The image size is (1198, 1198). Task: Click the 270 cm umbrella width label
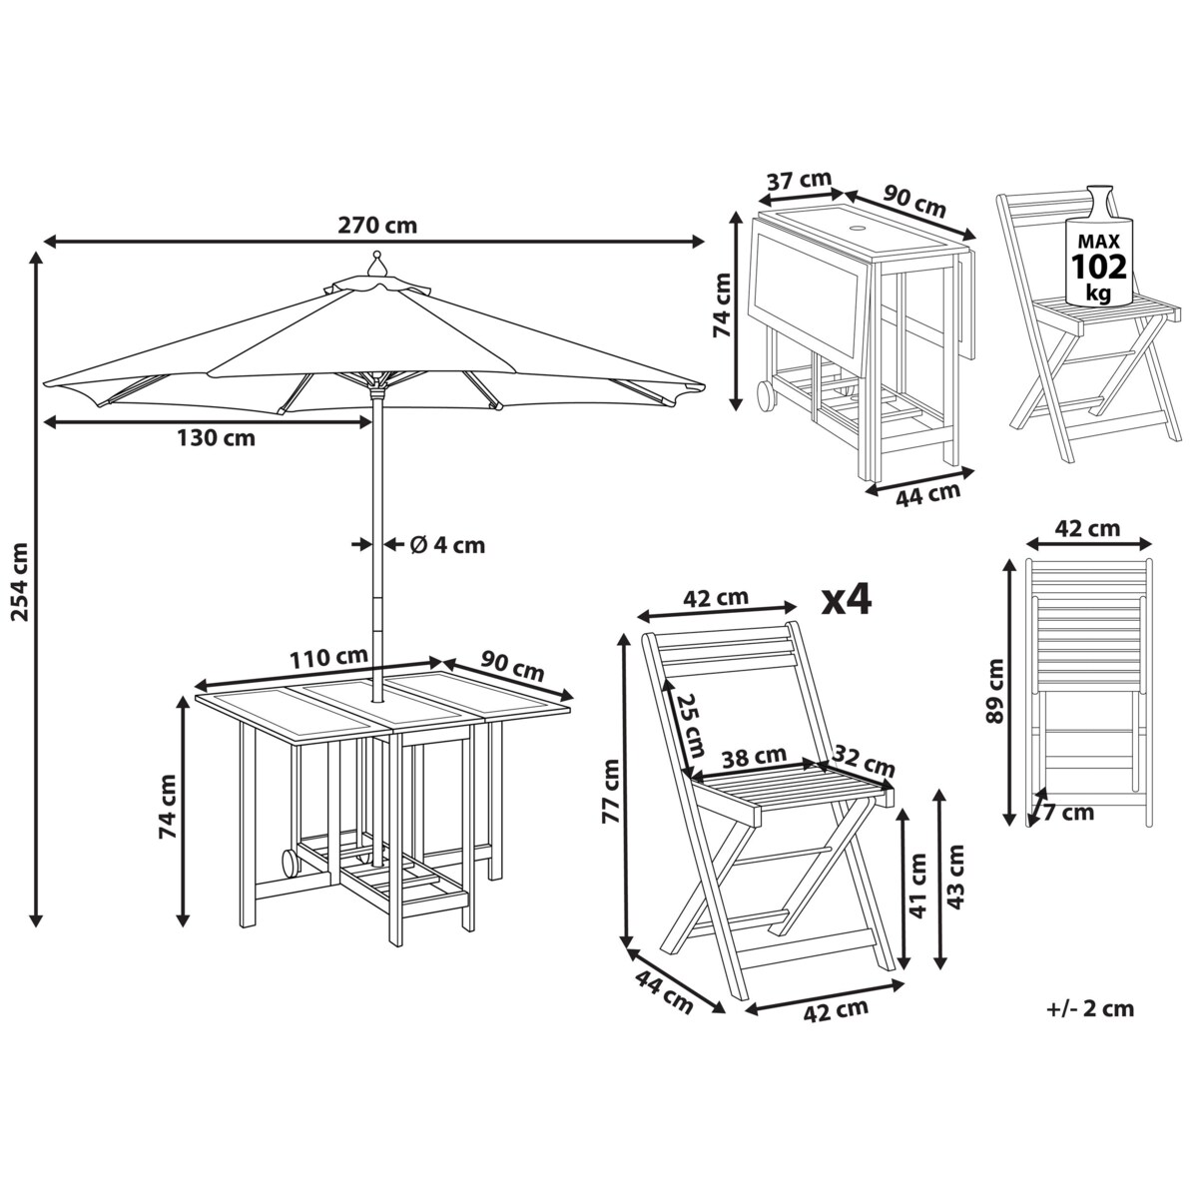376,225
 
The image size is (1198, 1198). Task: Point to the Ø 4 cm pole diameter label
447,544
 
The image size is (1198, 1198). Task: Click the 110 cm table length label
327,658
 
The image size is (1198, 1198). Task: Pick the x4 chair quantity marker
847,599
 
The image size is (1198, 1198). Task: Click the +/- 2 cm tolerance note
1090,1008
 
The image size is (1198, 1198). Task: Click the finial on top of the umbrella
376,263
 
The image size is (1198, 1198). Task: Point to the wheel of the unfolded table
288,862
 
